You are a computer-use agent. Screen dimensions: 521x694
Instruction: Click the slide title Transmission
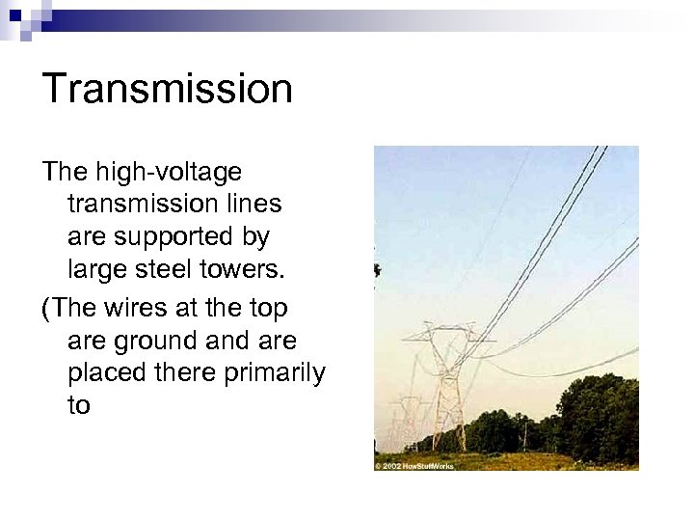point(167,89)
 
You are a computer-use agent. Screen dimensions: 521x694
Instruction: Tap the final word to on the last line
point(79,405)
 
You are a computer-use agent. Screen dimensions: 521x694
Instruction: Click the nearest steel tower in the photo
point(445,386)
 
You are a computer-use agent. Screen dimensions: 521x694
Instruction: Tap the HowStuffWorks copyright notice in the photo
point(414,465)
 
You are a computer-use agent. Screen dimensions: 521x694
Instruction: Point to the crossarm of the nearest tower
point(445,339)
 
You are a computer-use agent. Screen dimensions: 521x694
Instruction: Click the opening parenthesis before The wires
point(46,309)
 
